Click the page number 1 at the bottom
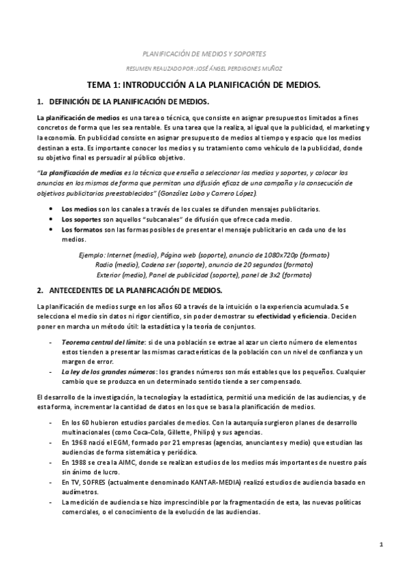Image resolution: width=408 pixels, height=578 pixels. pyautogui.click(x=382, y=544)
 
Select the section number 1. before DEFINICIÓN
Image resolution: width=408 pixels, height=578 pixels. pyautogui.click(x=40, y=102)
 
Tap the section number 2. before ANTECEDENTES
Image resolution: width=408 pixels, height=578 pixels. pyautogui.click(x=40, y=290)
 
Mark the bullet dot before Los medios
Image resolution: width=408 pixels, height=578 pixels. pyautogui.click(x=52, y=208)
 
